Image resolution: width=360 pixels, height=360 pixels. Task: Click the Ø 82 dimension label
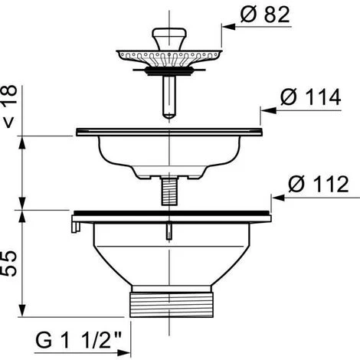(265, 15)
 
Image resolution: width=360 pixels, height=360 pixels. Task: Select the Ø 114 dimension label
(310, 97)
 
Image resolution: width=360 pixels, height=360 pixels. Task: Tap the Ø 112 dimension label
(319, 184)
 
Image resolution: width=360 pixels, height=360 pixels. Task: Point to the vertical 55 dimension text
(10, 263)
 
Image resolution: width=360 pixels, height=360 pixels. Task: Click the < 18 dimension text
(10, 106)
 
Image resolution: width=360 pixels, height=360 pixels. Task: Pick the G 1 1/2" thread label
(78, 340)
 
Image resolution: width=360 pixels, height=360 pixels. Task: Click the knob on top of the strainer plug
(169, 38)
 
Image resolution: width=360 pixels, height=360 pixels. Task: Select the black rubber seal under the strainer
(169, 71)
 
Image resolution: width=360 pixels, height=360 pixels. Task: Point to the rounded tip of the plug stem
(169, 116)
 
